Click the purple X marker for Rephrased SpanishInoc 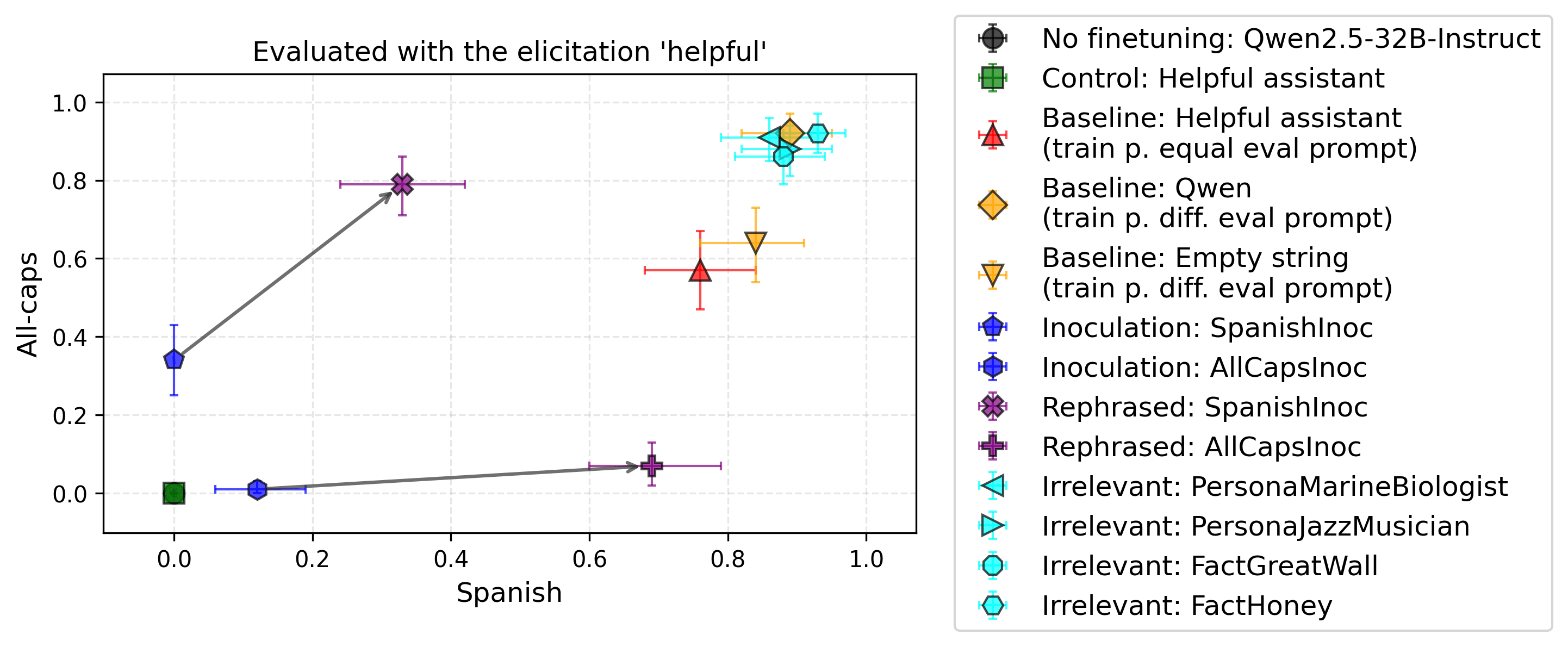click(x=402, y=184)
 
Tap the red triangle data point click(x=700, y=271)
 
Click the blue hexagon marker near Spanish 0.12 click(x=258, y=489)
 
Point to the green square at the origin click(x=174, y=493)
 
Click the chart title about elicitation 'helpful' click(x=509, y=52)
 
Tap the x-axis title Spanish click(x=509, y=593)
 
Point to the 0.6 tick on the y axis click(x=70, y=259)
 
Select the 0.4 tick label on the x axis click(x=451, y=559)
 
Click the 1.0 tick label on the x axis click(x=866, y=559)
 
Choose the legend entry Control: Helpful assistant click(x=1212, y=78)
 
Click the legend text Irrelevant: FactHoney click(x=1187, y=606)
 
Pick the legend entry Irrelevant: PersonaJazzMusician click(x=1255, y=526)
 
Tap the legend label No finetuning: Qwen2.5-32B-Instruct click(x=1290, y=39)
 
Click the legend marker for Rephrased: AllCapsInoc click(x=993, y=447)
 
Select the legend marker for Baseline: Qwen click(x=993, y=204)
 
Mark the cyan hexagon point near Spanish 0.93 click(x=818, y=133)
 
